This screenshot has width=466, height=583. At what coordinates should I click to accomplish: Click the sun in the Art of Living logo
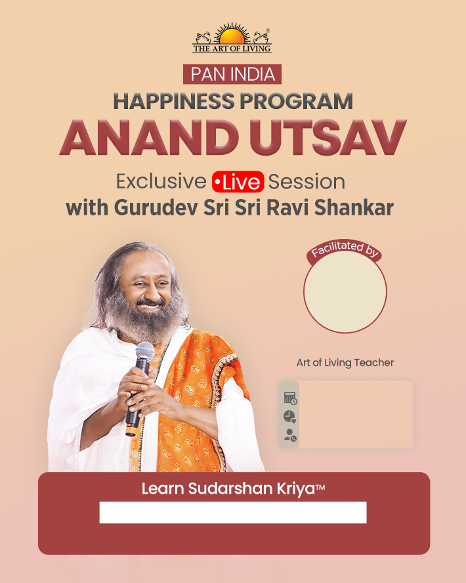click(x=232, y=35)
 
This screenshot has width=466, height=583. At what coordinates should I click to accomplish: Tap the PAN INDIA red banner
click(x=232, y=74)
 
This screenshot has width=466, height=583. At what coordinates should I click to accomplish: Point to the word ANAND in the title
click(x=149, y=138)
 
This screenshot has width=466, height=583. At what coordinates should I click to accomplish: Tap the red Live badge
click(x=238, y=182)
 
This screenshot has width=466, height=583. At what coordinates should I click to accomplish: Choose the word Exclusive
click(x=161, y=181)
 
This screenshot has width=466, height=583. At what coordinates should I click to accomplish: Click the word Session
click(x=307, y=182)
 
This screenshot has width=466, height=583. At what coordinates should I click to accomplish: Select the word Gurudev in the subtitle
click(x=156, y=208)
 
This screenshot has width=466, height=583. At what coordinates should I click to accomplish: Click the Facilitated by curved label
click(x=345, y=249)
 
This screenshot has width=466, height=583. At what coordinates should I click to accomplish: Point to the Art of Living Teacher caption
click(x=345, y=362)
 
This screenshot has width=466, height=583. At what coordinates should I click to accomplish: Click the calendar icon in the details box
click(x=290, y=399)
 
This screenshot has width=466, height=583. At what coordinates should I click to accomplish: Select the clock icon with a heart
click(x=289, y=416)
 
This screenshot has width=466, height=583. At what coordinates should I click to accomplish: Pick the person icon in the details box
click(x=290, y=435)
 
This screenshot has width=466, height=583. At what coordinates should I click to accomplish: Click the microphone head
click(x=144, y=352)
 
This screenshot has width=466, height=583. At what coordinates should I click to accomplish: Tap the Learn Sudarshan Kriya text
click(x=233, y=488)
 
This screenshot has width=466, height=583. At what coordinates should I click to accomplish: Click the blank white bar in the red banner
click(x=233, y=512)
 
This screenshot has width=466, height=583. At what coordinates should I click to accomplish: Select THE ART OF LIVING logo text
click(x=232, y=49)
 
